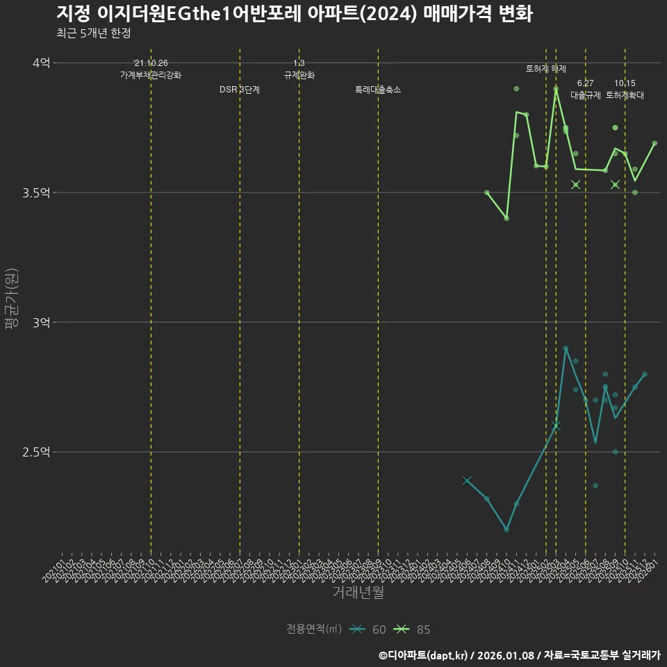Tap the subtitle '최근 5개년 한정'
click(x=93, y=33)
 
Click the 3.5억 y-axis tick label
click(x=35, y=192)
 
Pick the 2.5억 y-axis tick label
click(x=35, y=452)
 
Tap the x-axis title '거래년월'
click(x=358, y=593)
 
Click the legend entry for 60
click(x=368, y=629)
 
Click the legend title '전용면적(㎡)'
click(x=313, y=629)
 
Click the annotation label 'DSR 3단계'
click(x=240, y=90)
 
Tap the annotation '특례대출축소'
click(x=378, y=90)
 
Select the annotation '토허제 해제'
click(x=546, y=69)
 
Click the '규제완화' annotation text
click(x=299, y=75)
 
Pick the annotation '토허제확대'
click(x=625, y=95)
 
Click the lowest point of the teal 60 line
click(x=507, y=529)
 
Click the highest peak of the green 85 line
click(x=556, y=89)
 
